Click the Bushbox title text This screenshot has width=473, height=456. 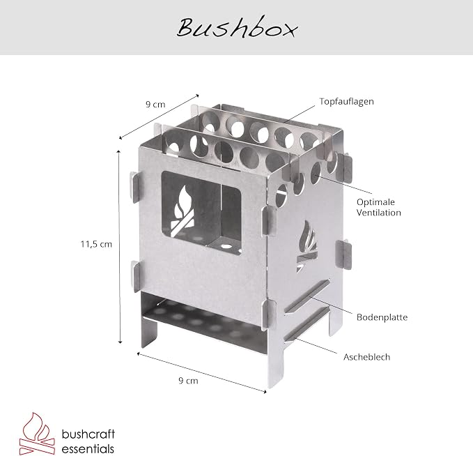tap(237, 28)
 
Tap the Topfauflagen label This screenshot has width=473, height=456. tap(347, 102)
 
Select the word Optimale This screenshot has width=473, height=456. tap(375, 202)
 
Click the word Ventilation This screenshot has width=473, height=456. tap(378, 213)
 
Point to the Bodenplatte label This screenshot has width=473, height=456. tap(382, 317)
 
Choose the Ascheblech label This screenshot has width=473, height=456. tap(366, 357)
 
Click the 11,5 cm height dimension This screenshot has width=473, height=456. tap(96, 244)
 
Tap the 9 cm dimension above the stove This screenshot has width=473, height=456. tap(155, 105)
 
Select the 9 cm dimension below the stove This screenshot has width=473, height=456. tap(188, 381)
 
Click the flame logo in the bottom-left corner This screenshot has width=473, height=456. tap(37, 434)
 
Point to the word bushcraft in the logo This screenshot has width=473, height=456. tap(88, 434)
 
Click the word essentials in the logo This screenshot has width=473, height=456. tap(88, 448)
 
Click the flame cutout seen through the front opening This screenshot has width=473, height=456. tap(183, 211)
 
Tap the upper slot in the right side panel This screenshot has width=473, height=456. tap(307, 297)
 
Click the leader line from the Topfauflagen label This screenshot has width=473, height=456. tap(298, 114)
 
